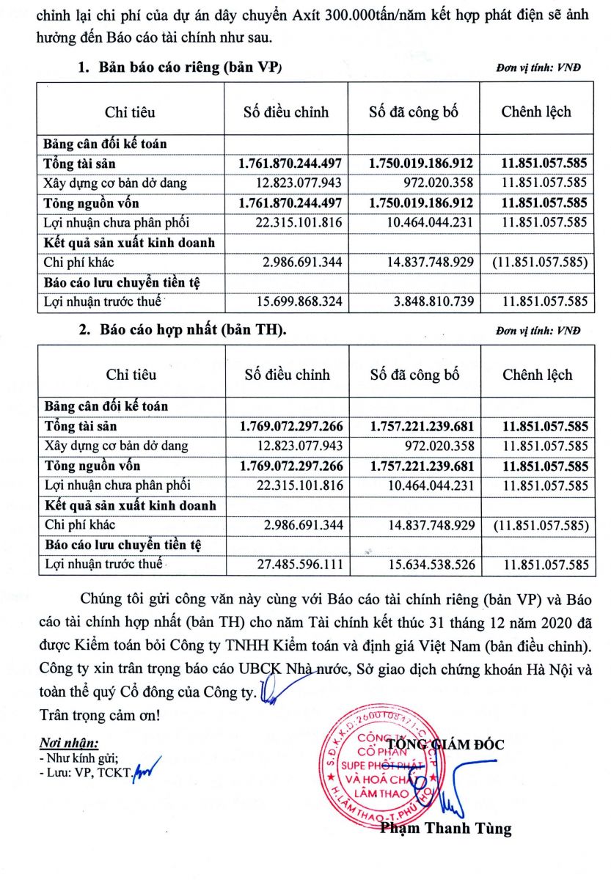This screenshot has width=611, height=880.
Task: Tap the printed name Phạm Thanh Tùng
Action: tap(445, 829)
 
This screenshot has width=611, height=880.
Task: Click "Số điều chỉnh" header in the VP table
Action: tap(286, 112)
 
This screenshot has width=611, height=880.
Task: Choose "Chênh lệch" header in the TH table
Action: tap(537, 375)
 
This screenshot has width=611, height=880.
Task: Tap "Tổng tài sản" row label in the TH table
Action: tap(81, 425)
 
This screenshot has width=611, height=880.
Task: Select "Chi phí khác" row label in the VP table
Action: tap(78, 262)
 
